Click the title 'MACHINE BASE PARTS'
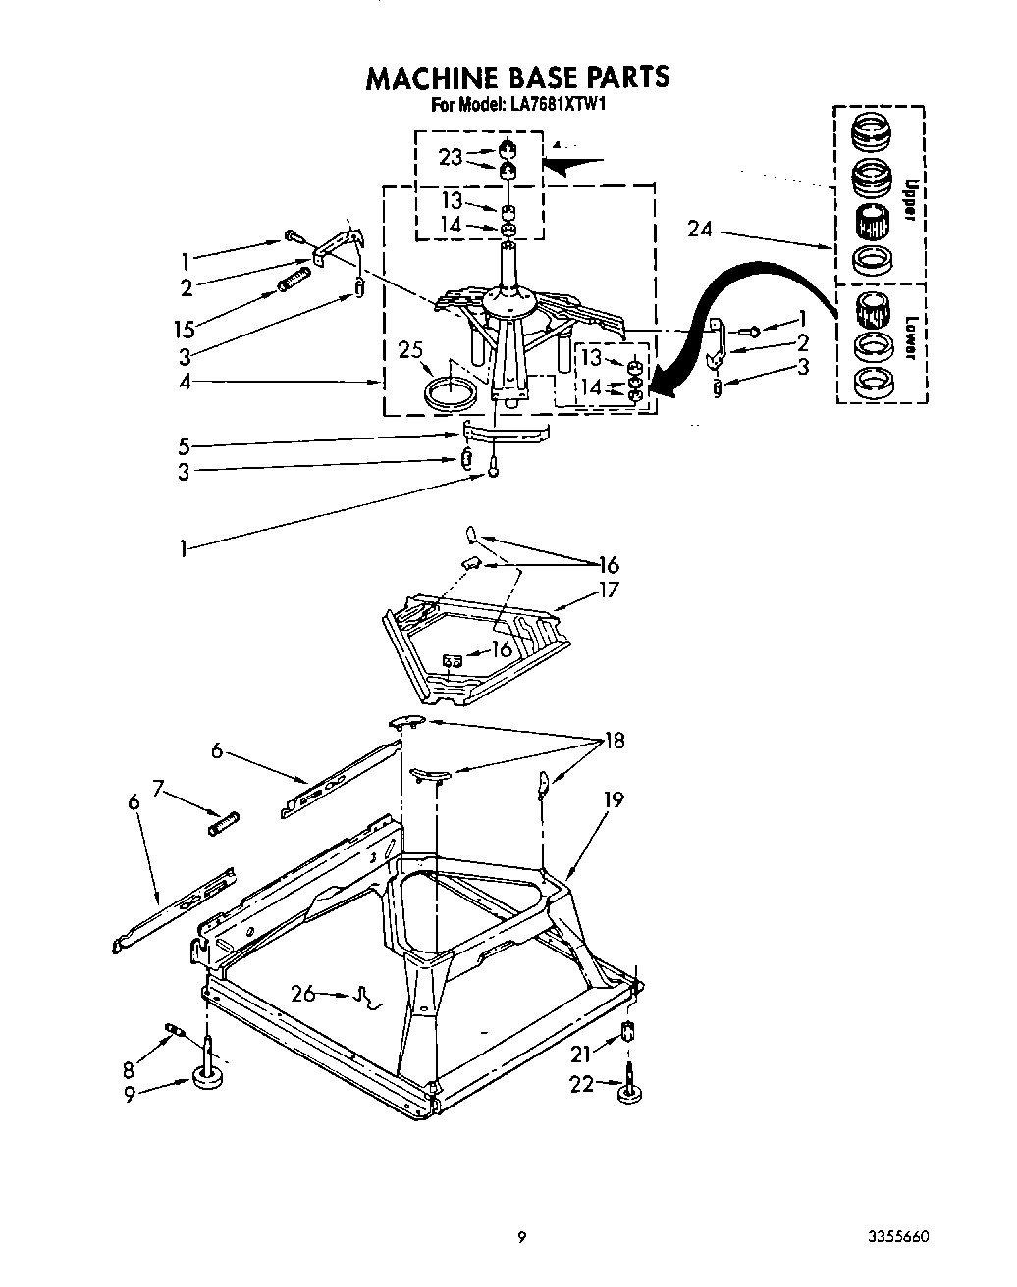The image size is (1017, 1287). pyautogui.click(x=517, y=77)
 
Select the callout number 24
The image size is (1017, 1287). pyautogui.click(x=700, y=232)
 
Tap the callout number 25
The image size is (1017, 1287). pyautogui.click(x=410, y=350)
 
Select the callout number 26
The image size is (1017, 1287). pyautogui.click(x=303, y=994)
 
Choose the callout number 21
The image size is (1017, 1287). pyautogui.click(x=582, y=1054)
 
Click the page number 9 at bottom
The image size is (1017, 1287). pyautogui.click(x=522, y=1237)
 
